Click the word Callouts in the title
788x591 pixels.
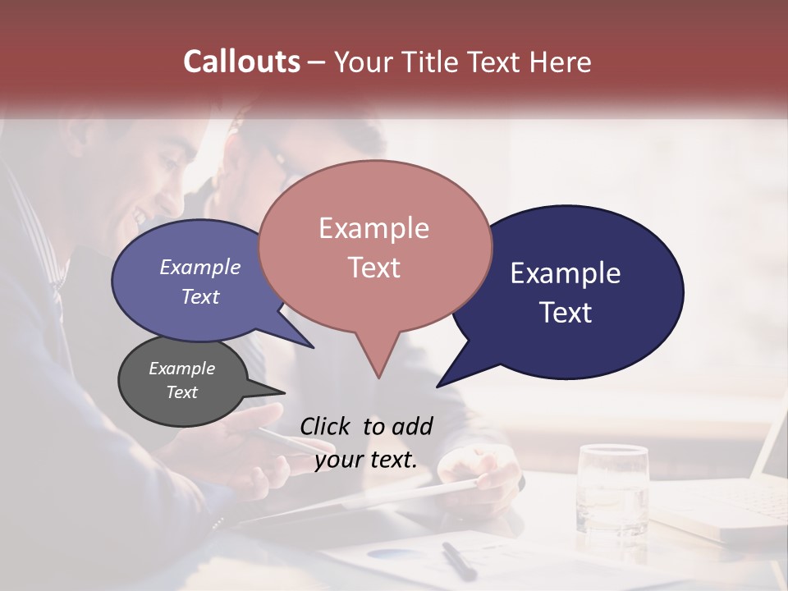(x=241, y=62)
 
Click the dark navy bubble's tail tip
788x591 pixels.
(x=439, y=385)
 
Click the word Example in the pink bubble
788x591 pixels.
(x=373, y=228)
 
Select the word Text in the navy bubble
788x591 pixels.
(x=566, y=313)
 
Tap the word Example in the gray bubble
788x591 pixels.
(x=181, y=369)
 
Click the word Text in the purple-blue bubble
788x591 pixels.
(x=200, y=297)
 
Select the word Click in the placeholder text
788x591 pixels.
(x=325, y=426)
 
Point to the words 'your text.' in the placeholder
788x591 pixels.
(x=365, y=460)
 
